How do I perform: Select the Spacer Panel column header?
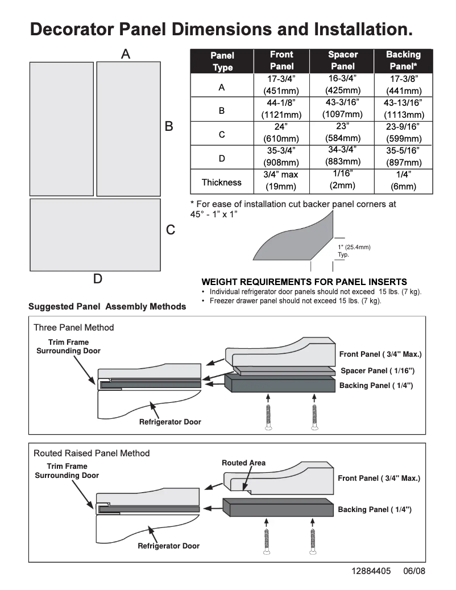[343, 60]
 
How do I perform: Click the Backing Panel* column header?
[403, 60]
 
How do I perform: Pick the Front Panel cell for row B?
[281, 108]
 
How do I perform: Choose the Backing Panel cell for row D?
[403, 156]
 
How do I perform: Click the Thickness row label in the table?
[221, 182]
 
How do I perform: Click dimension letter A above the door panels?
[126, 53]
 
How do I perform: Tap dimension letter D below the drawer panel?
[98, 279]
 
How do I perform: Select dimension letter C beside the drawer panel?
[170, 230]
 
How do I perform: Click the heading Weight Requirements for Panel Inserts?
[304, 282]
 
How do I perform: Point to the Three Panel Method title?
[73, 327]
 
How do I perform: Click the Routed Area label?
[243, 463]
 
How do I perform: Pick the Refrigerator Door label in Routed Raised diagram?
[168, 546]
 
